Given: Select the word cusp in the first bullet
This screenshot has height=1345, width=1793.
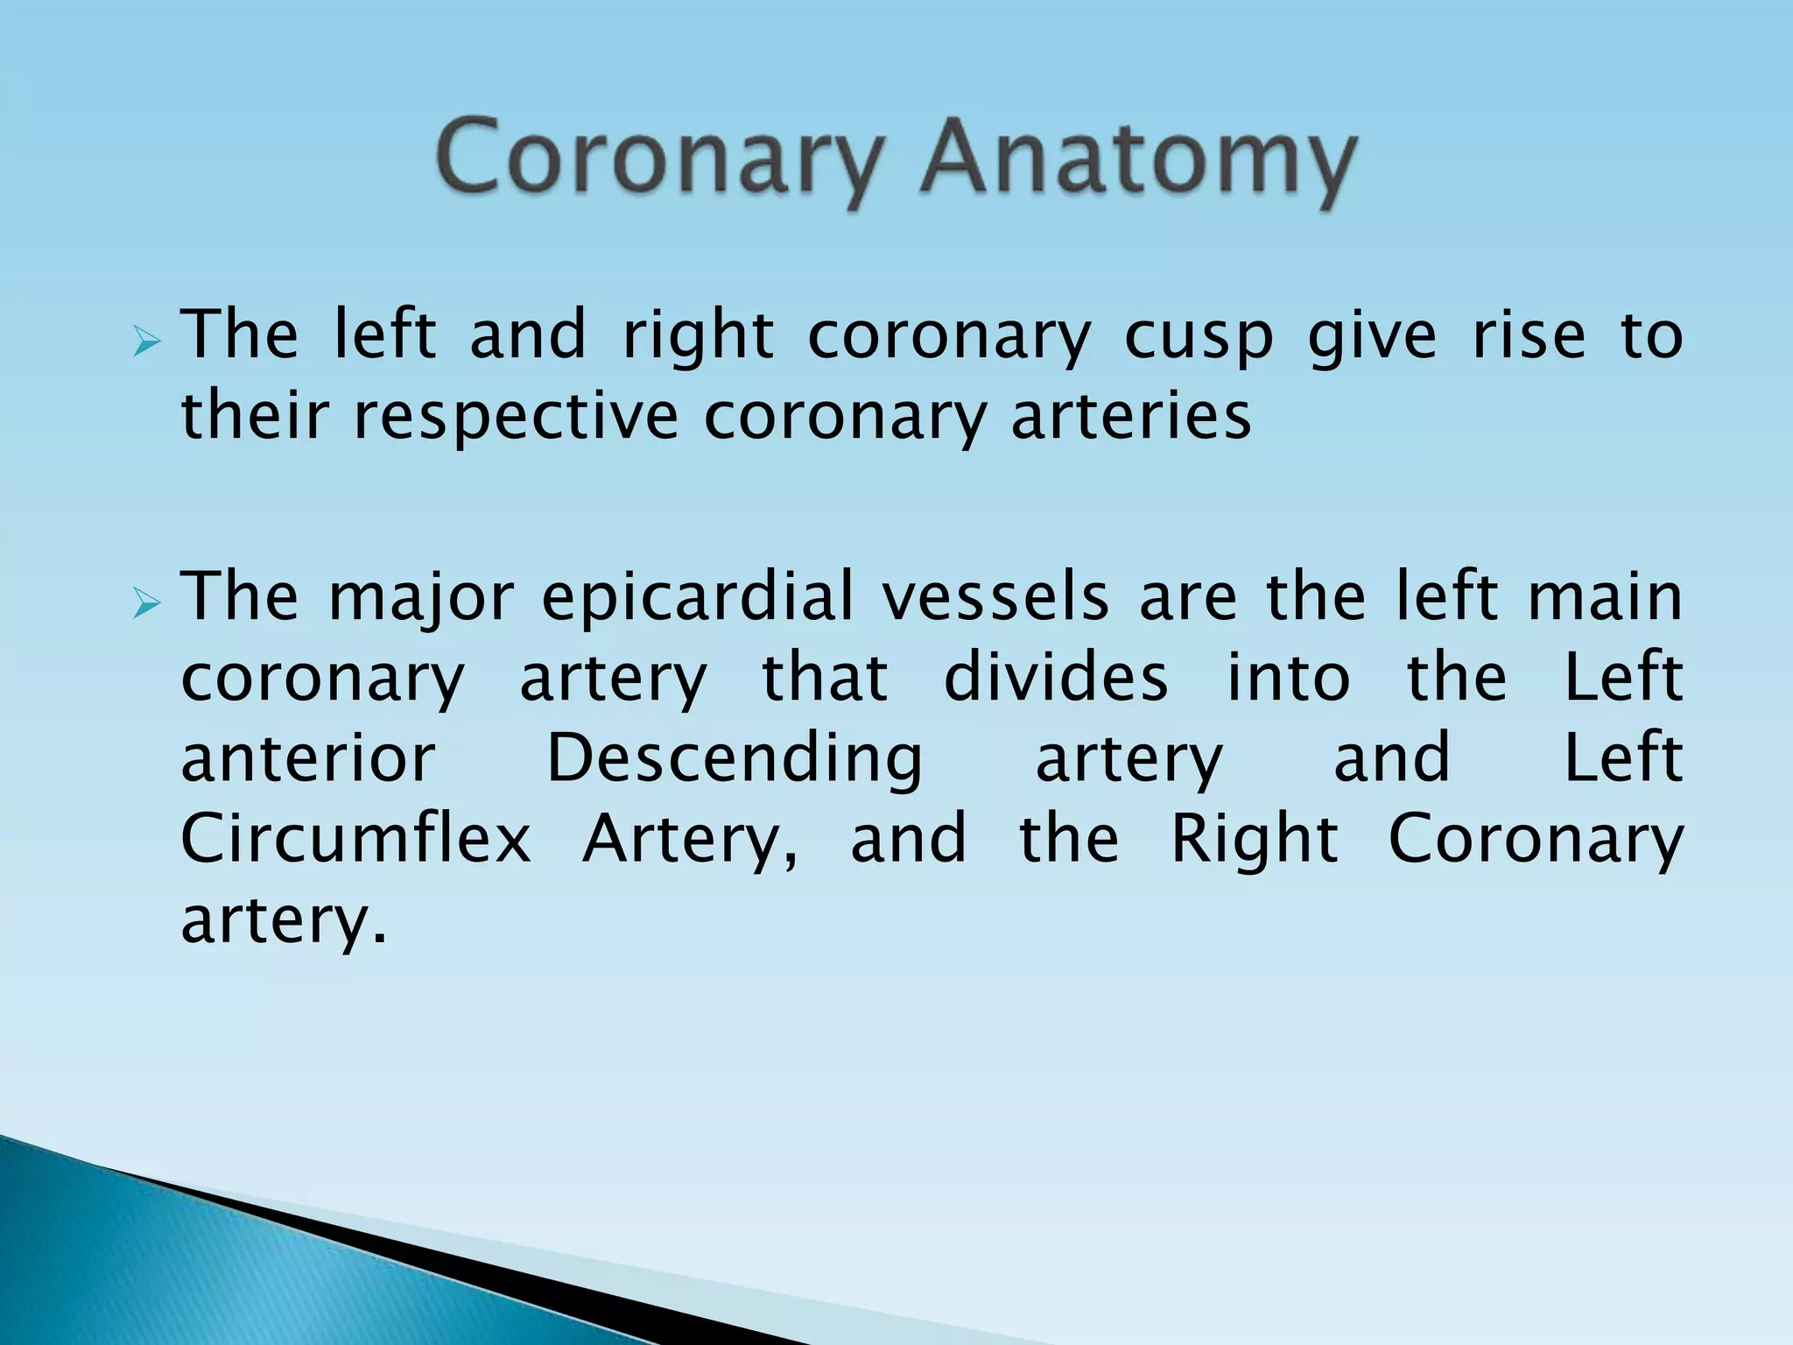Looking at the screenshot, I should [x=1198, y=338].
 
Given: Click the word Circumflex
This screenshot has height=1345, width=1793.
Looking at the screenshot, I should [x=355, y=839].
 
